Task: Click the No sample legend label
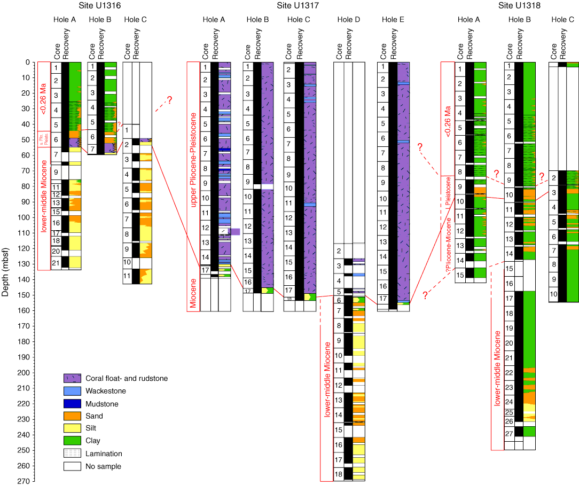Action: (x=104, y=466)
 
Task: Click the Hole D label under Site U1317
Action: (x=349, y=20)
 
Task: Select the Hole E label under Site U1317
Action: (x=393, y=20)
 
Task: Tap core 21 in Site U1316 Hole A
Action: (x=56, y=262)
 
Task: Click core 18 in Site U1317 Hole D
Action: (x=338, y=474)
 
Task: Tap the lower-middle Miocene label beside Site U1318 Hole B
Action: (x=497, y=368)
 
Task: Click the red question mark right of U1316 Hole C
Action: (x=169, y=100)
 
